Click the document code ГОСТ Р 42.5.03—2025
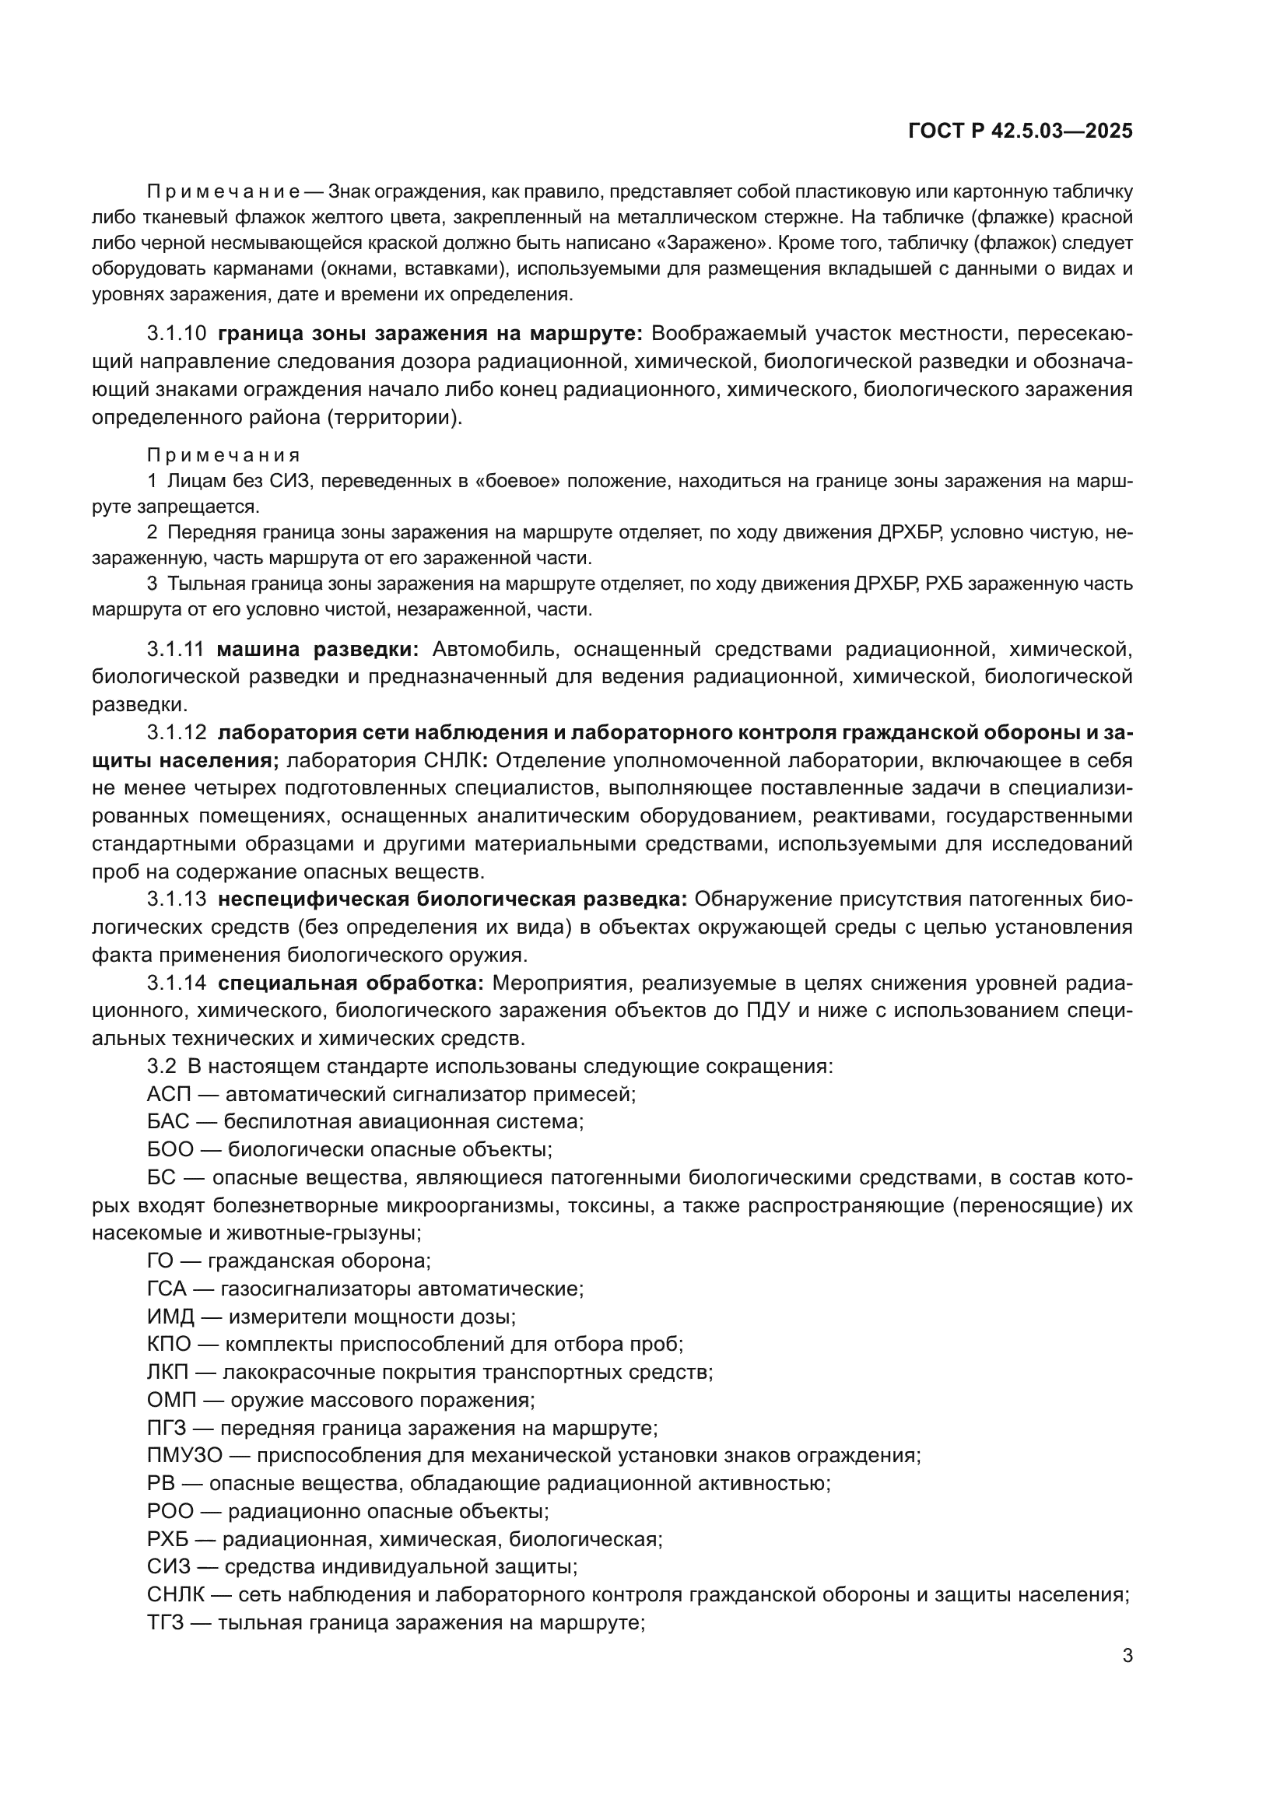pyautogui.click(x=1020, y=132)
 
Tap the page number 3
pyautogui.click(x=1127, y=1656)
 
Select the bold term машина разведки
pyautogui.click(x=317, y=649)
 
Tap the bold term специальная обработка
pyautogui.click(x=350, y=983)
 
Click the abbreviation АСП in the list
pyautogui.click(x=169, y=1095)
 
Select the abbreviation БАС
pyautogui.click(x=168, y=1122)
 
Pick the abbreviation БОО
pyautogui.click(x=170, y=1149)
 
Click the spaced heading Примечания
pyautogui.click(x=223, y=455)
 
